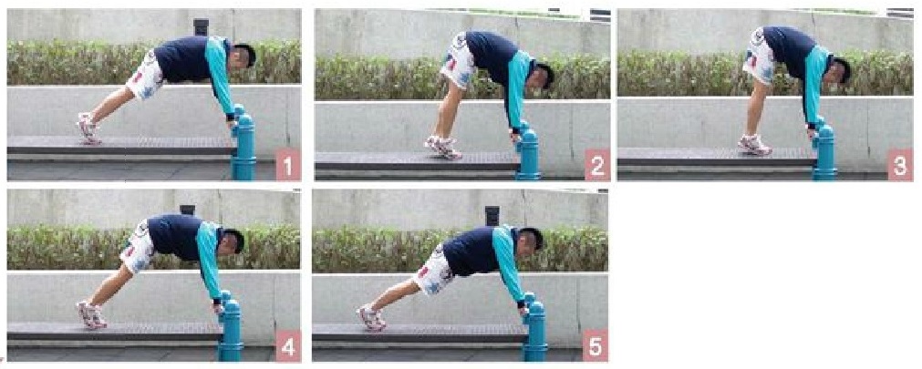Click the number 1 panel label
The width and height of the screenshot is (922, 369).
point(287,167)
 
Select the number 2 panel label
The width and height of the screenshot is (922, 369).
point(597,166)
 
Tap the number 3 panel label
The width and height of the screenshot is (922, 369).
point(899,166)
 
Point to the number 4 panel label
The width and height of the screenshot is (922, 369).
point(287,347)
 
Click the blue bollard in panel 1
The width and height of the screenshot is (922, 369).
point(243,146)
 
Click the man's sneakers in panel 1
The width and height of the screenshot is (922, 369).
point(88,128)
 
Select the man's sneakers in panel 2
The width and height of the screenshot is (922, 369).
point(441,146)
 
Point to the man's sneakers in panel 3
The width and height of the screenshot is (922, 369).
point(754,144)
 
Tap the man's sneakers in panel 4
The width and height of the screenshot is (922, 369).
point(91,314)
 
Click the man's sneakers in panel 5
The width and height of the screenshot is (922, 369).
point(371,317)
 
